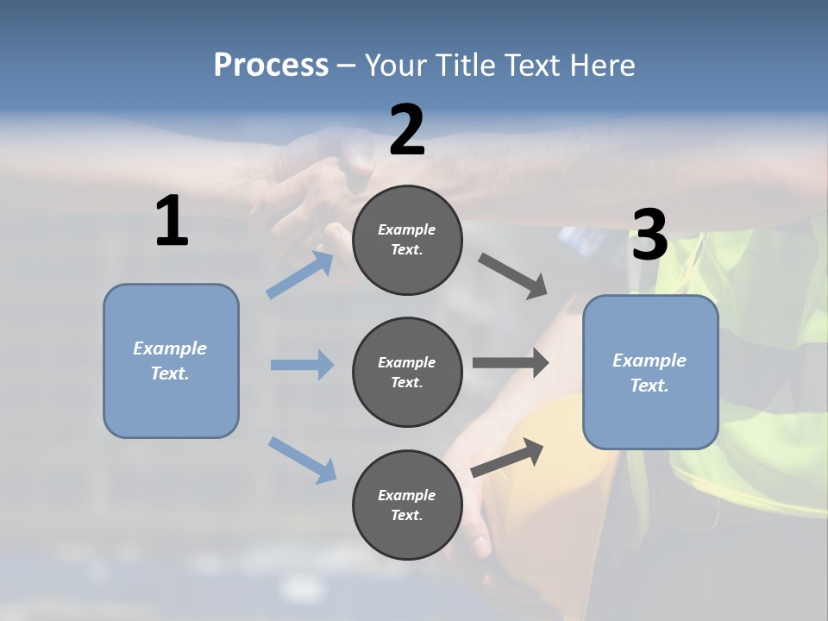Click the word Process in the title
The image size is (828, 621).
point(271,65)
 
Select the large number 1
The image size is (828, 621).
point(172,221)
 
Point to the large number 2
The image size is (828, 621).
point(407,130)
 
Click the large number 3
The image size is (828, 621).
point(649,235)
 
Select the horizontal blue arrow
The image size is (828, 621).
point(302,365)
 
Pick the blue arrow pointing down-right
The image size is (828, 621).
point(302,460)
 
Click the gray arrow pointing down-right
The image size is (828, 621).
point(512,276)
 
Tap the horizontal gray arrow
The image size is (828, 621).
point(511,363)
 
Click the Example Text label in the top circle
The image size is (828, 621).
point(407,240)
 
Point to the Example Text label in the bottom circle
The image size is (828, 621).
point(407,505)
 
